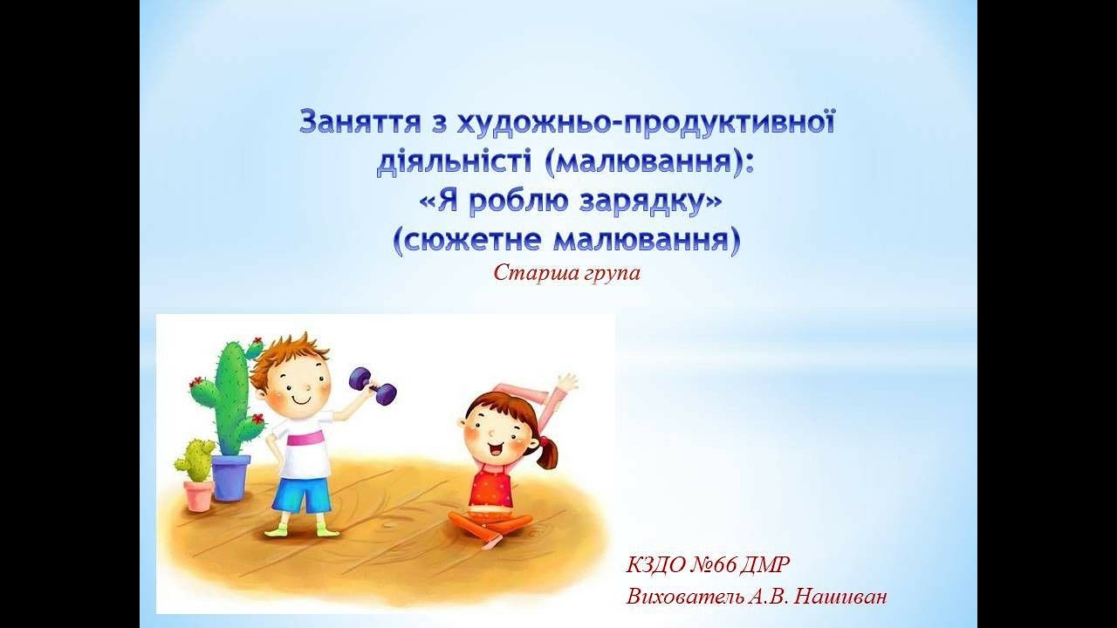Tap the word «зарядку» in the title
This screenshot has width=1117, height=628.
650,202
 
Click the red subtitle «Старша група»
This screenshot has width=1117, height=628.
566,273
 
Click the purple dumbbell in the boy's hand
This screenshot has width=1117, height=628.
373,385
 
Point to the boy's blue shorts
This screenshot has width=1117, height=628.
299,495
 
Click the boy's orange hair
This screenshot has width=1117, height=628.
288,353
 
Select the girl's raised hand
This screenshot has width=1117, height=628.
565,383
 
